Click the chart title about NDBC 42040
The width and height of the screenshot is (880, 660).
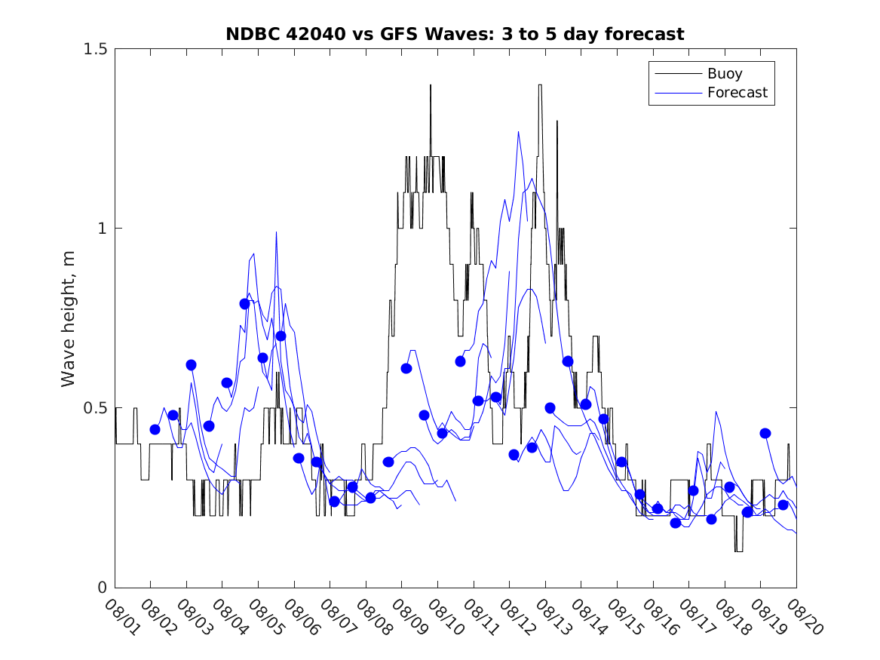(455, 34)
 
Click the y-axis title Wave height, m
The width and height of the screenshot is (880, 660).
(69, 318)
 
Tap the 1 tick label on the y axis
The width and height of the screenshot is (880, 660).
(102, 229)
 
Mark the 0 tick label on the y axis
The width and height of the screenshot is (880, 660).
(102, 588)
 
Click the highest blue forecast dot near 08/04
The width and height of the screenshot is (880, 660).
(245, 304)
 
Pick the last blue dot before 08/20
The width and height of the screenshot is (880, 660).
(783, 505)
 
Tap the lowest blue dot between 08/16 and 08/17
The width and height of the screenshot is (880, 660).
(676, 523)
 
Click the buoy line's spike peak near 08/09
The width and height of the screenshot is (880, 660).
(431, 85)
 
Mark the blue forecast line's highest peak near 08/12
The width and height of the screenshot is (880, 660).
(518, 132)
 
